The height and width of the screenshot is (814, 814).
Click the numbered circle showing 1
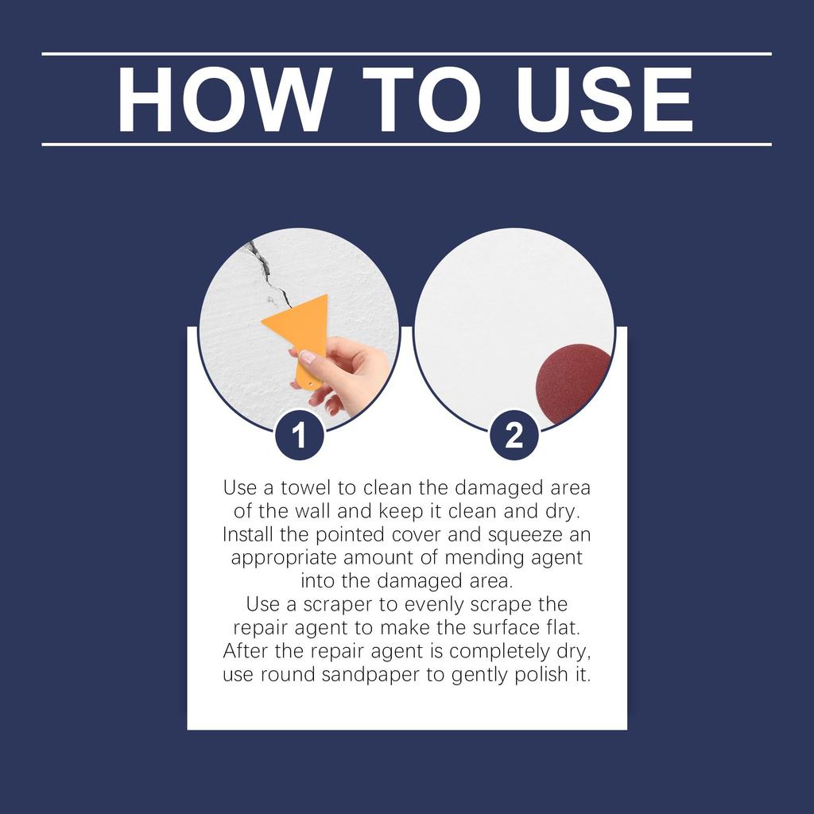point(299,436)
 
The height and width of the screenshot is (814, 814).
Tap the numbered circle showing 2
point(514,436)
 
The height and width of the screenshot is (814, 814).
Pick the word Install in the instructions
point(246,533)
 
